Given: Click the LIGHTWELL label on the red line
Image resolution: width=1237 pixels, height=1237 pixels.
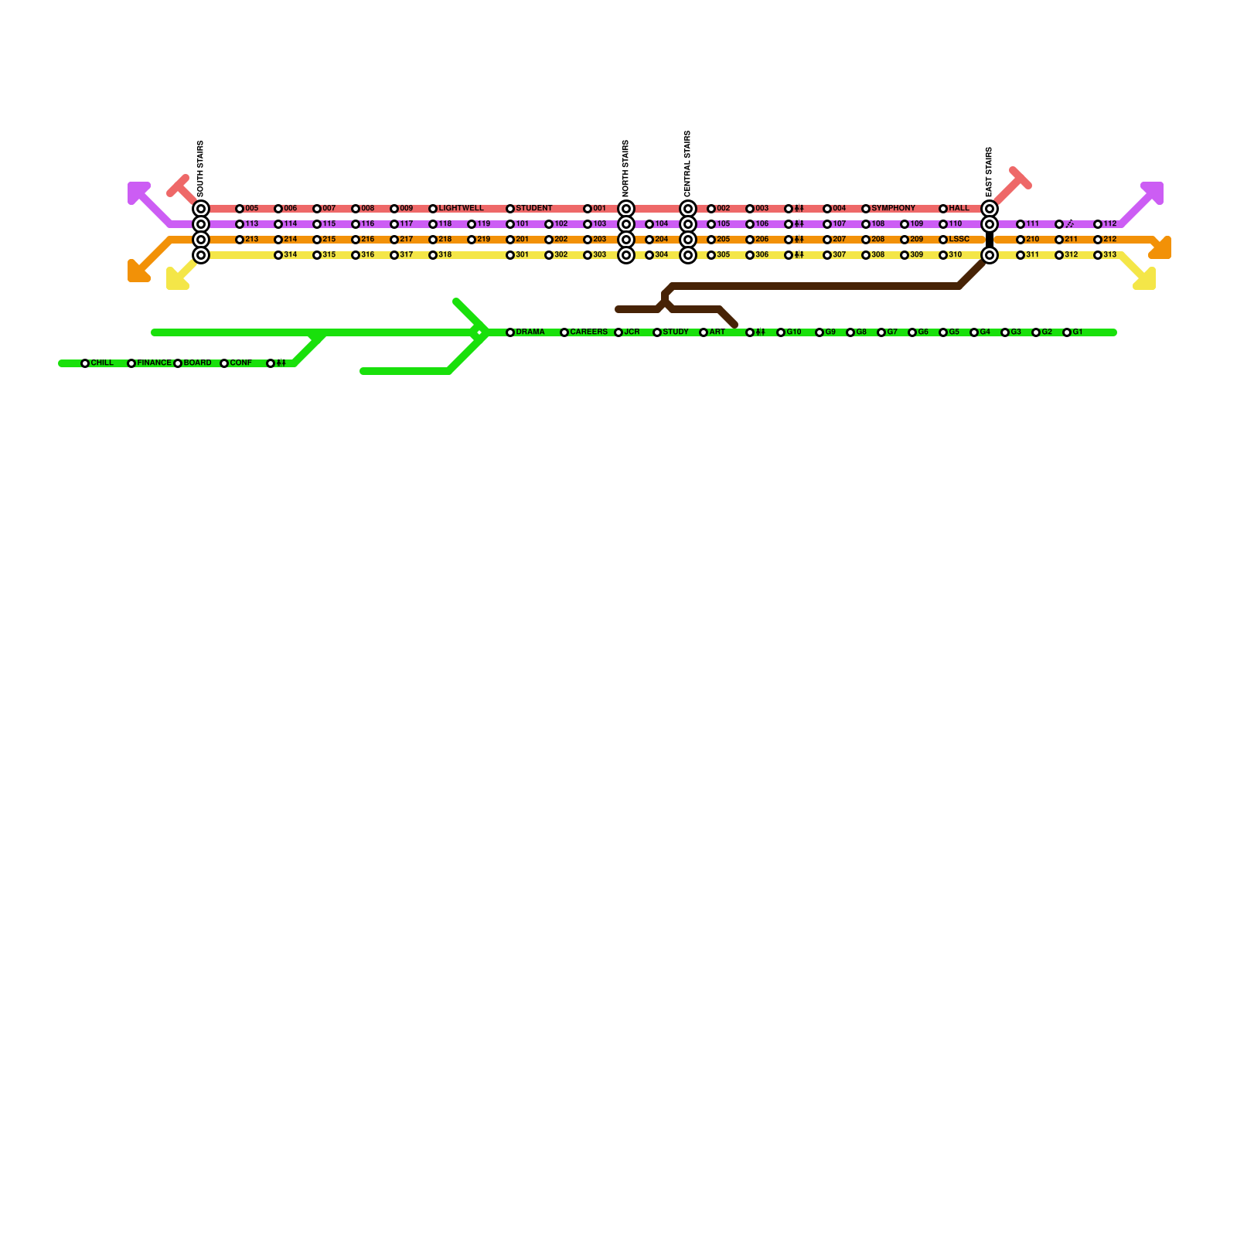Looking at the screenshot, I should point(461,209).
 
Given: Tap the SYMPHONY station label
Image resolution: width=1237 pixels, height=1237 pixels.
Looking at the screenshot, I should point(893,209).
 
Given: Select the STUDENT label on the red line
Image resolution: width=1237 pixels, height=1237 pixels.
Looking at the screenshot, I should point(534,209).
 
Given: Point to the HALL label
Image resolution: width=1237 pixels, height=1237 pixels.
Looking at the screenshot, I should point(959,209).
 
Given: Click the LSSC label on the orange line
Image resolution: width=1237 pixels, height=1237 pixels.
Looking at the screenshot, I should point(959,240).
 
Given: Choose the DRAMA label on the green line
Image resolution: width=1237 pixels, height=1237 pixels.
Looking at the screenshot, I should point(530,332).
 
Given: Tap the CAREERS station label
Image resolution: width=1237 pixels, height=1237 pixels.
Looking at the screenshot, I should point(589,332).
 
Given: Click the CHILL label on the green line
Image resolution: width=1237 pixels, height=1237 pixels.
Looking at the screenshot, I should point(102,363).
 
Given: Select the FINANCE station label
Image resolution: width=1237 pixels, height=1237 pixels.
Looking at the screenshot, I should point(155,363).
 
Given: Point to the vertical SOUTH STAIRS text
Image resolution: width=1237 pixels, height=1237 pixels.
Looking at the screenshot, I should point(201,169).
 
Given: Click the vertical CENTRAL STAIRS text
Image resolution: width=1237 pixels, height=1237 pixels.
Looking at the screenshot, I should point(688,164).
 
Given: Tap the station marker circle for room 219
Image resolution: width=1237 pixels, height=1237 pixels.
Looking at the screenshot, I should point(472,240).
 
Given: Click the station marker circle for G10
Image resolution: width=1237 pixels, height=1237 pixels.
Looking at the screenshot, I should point(781,332).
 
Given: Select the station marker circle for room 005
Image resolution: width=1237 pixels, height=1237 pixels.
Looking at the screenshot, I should point(240,209).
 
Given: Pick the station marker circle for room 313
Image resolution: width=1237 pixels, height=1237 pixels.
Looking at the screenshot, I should point(1098,255).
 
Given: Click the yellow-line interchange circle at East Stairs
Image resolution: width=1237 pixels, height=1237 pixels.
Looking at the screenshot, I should point(990,255).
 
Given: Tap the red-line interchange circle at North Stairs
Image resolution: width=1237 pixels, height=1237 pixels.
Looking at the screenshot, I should point(626,209).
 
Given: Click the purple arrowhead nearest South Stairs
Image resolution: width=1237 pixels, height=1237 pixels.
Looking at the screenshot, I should point(138,192).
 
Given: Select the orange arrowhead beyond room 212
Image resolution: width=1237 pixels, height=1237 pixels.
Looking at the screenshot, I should point(1160,248).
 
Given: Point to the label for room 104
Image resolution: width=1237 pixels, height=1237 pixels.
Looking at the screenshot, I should point(662,224).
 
